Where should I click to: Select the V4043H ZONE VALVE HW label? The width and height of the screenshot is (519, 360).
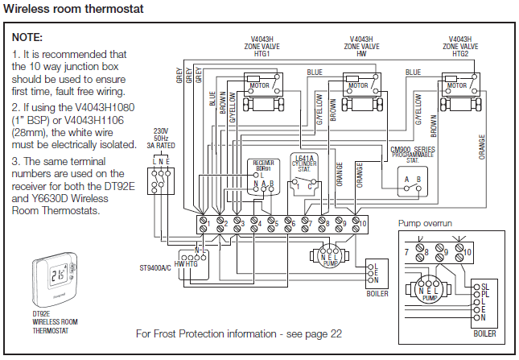tap(360, 47)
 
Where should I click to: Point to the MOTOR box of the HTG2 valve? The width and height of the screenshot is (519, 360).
tap(457, 85)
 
